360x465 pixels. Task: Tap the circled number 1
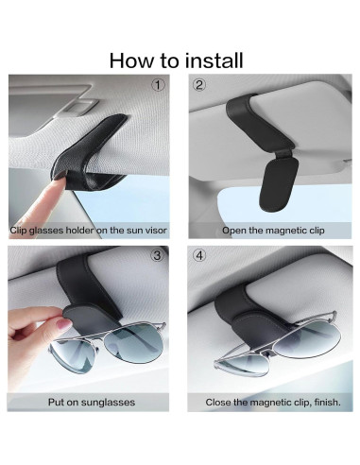coord(158,85)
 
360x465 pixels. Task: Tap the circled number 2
coord(199,85)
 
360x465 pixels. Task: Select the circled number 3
coord(158,256)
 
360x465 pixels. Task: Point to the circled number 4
coord(199,256)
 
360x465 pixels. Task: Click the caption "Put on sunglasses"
coord(91,402)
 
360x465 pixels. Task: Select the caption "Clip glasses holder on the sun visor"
coord(91,230)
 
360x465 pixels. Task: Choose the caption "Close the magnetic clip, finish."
coord(268,402)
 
